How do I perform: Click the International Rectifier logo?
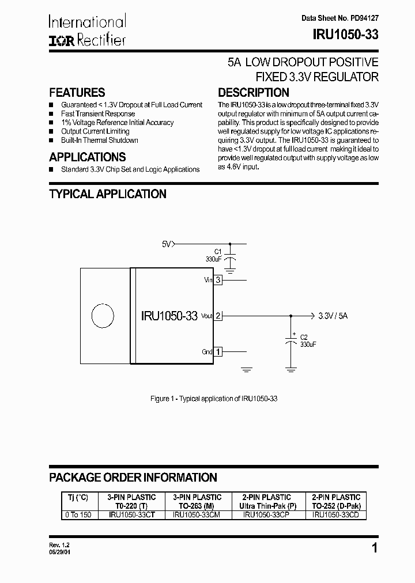pos(87,31)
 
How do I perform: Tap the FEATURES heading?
pos(77,93)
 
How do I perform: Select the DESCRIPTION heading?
pos(254,93)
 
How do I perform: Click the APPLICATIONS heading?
pos(88,157)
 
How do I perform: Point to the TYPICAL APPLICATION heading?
pos(108,194)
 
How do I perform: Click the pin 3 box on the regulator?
pos(218,281)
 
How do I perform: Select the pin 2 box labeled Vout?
pos(218,316)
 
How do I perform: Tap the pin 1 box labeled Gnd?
pos(218,351)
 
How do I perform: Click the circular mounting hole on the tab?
pos(103,316)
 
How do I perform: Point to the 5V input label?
pos(167,244)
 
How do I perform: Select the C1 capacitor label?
pos(217,251)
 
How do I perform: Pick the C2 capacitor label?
pos(304,338)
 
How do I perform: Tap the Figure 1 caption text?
pos(214,399)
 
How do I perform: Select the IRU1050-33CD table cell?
pos(335,516)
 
